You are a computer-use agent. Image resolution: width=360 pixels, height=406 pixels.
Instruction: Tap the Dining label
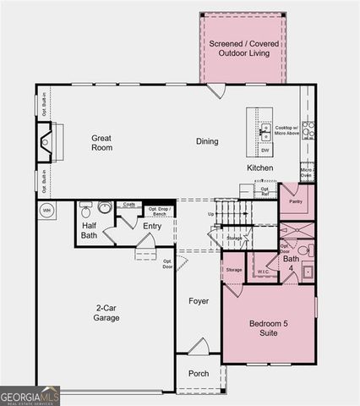[x=207, y=141]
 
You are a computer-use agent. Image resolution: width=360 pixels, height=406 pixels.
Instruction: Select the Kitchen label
[x=260, y=168]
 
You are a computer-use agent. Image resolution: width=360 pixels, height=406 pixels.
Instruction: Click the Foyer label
[x=199, y=300]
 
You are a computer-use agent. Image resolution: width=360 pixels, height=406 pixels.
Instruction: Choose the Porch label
[x=199, y=373]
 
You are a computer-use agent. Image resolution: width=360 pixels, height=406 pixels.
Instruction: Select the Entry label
[x=152, y=226]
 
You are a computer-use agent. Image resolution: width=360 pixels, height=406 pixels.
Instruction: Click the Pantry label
[x=296, y=202]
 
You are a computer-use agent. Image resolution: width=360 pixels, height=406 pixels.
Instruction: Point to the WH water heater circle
[x=46, y=210]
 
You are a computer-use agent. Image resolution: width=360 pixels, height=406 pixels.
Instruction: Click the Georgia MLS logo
[x=30, y=395]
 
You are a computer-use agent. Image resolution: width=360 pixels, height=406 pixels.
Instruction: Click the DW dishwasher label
[x=265, y=150]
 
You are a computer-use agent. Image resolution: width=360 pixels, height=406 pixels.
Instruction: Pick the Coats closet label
[x=128, y=204]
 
